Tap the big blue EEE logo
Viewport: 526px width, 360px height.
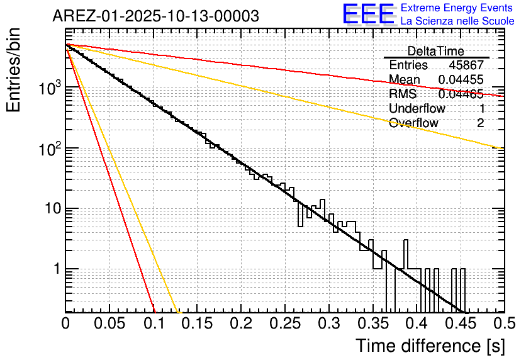click(368, 14)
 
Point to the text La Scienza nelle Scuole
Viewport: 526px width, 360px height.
click(457, 21)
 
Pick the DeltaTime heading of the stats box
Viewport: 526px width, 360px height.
click(435, 51)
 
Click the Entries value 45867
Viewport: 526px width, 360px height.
click(466, 65)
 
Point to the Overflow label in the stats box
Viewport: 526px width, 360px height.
click(413, 123)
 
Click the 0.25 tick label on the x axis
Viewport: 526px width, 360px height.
click(284, 323)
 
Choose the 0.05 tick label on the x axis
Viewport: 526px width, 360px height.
click(109, 323)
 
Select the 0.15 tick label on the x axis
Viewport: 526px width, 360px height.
click(197, 323)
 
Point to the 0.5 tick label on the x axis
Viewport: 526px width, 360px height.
click(503, 323)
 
